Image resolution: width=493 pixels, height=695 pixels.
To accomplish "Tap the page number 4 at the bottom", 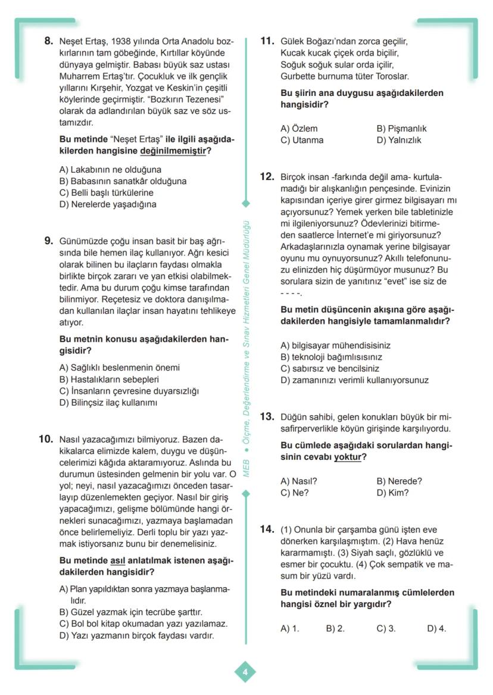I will pyautogui.click(x=245, y=672).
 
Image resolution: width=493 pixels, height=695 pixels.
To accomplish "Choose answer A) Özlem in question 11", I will pyautogui.click(x=299, y=129).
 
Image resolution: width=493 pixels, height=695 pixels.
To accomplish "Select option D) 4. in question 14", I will pyautogui.click(x=436, y=628).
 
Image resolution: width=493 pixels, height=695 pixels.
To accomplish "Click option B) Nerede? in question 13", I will pyautogui.click(x=399, y=481).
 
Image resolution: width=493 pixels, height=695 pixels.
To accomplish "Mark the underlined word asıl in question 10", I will pyautogui.click(x=117, y=561).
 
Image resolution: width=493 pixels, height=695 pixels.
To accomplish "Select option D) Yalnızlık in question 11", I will pyautogui.click(x=398, y=141).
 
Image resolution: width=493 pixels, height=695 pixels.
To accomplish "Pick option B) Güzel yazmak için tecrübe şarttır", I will pyautogui.click(x=131, y=612).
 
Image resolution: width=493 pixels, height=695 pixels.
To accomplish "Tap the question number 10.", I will pyautogui.click(x=46, y=440).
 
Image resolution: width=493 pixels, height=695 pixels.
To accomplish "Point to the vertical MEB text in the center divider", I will pyautogui.click(x=246, y=468).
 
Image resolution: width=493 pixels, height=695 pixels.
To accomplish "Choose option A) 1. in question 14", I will pyautogui.click(x=289, y=628).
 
